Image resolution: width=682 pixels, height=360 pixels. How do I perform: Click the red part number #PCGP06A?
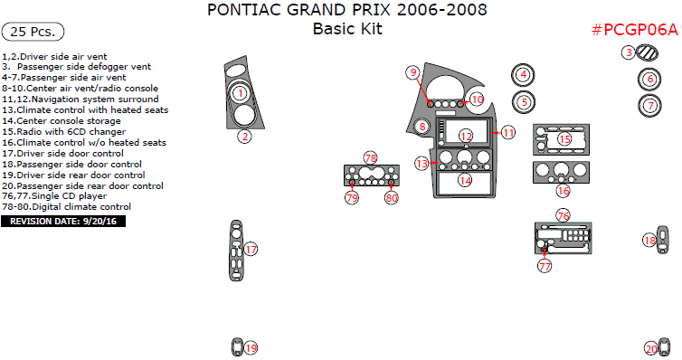(633, 29)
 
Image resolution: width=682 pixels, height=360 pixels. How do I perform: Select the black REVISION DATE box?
(63, 220)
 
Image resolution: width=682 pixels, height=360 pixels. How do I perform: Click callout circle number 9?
(412, 71)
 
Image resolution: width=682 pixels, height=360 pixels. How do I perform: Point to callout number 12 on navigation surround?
(466, 136)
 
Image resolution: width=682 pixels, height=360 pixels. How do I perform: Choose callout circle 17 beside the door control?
(251, 249)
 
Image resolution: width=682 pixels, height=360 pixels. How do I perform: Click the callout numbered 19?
(251, 347)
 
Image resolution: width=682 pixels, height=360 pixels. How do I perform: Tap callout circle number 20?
(650, 348)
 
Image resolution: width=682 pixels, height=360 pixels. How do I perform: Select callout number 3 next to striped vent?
(629, 52)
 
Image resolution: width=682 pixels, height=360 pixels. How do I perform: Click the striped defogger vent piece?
(648, 53)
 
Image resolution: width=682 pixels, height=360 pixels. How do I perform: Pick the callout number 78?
(370, 157)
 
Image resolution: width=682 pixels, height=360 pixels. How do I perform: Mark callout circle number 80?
(392, 196)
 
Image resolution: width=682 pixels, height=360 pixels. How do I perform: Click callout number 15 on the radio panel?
(564, 139)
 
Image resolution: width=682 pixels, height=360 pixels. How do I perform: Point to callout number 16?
(564, 191)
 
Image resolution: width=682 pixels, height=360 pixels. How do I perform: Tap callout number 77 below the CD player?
(545, 267)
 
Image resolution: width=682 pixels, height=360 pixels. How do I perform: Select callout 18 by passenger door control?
(649, 240)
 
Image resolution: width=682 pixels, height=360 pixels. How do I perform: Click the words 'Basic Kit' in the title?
(347, 29)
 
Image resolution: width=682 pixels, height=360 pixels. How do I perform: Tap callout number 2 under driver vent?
(244, 137)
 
